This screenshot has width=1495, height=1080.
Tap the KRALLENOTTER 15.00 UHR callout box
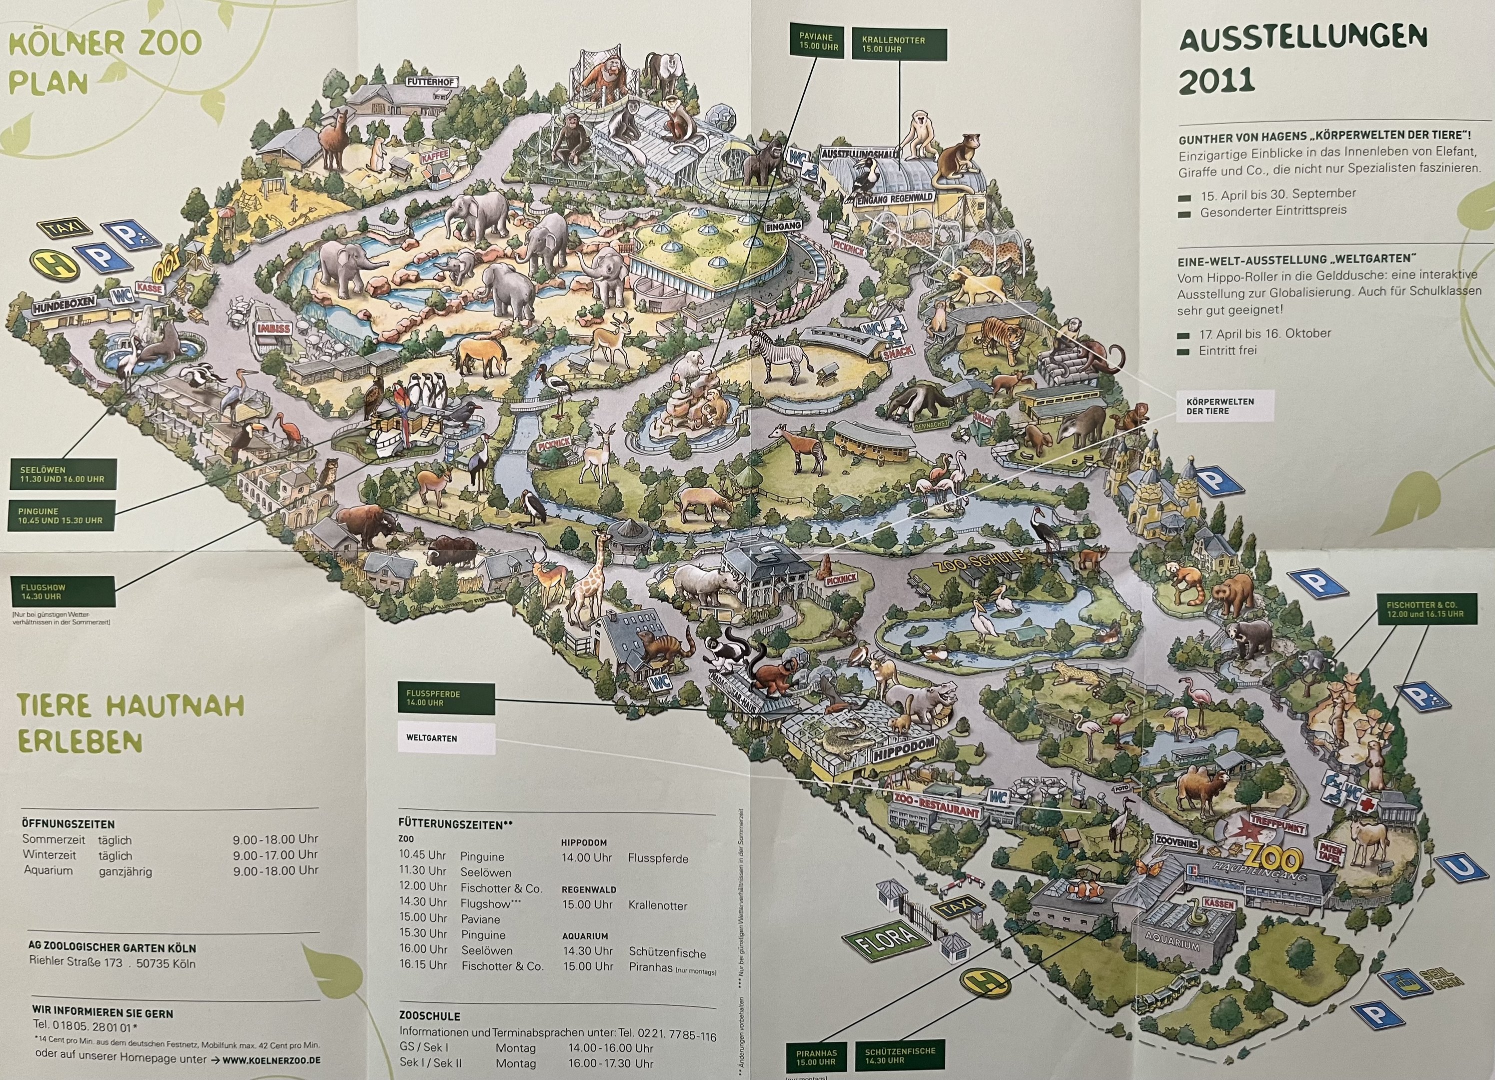click(899, 44)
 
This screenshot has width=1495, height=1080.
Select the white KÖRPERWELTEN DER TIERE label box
click(1225, 405)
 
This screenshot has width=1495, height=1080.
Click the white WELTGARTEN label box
click(446, 738)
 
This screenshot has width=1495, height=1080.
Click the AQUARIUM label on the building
click(1173, 939)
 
